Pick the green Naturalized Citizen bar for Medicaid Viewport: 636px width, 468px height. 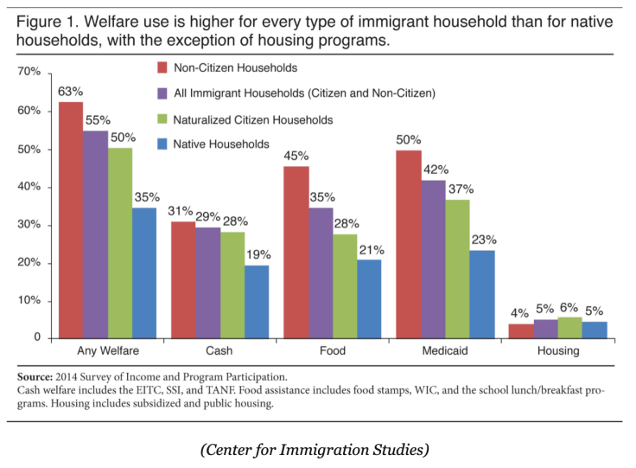click(458, 268)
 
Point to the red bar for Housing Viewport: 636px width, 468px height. click(521, 330)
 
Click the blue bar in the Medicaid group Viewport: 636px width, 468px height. click(482, 294)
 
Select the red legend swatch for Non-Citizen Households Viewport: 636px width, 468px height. click(162, 67)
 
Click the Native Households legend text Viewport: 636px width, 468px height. click(222, 144)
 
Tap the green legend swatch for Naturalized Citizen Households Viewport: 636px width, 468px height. click(162, 119)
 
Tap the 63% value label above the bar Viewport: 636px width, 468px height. click(70, 90)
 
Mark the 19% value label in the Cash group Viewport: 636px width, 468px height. click(258, 254)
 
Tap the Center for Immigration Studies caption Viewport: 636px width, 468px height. click(317, 449)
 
